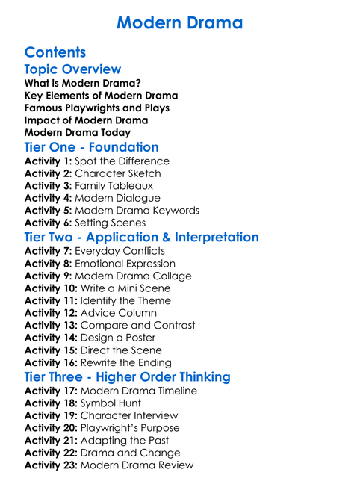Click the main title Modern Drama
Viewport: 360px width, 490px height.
179,22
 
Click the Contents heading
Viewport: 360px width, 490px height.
55,52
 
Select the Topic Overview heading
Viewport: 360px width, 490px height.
72,69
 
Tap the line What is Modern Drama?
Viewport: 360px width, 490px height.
82,83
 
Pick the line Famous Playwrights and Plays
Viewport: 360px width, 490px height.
97,108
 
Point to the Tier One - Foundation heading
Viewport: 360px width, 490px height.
91,146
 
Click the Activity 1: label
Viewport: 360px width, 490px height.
48,161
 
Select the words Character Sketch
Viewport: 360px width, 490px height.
118,173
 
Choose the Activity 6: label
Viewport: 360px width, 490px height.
48,223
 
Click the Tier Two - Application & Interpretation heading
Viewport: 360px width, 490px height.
141,237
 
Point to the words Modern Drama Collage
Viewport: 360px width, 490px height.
134,276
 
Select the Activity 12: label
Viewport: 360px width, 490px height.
51,312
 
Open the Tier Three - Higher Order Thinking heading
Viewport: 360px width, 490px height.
127,376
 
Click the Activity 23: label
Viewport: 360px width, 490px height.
51,465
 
